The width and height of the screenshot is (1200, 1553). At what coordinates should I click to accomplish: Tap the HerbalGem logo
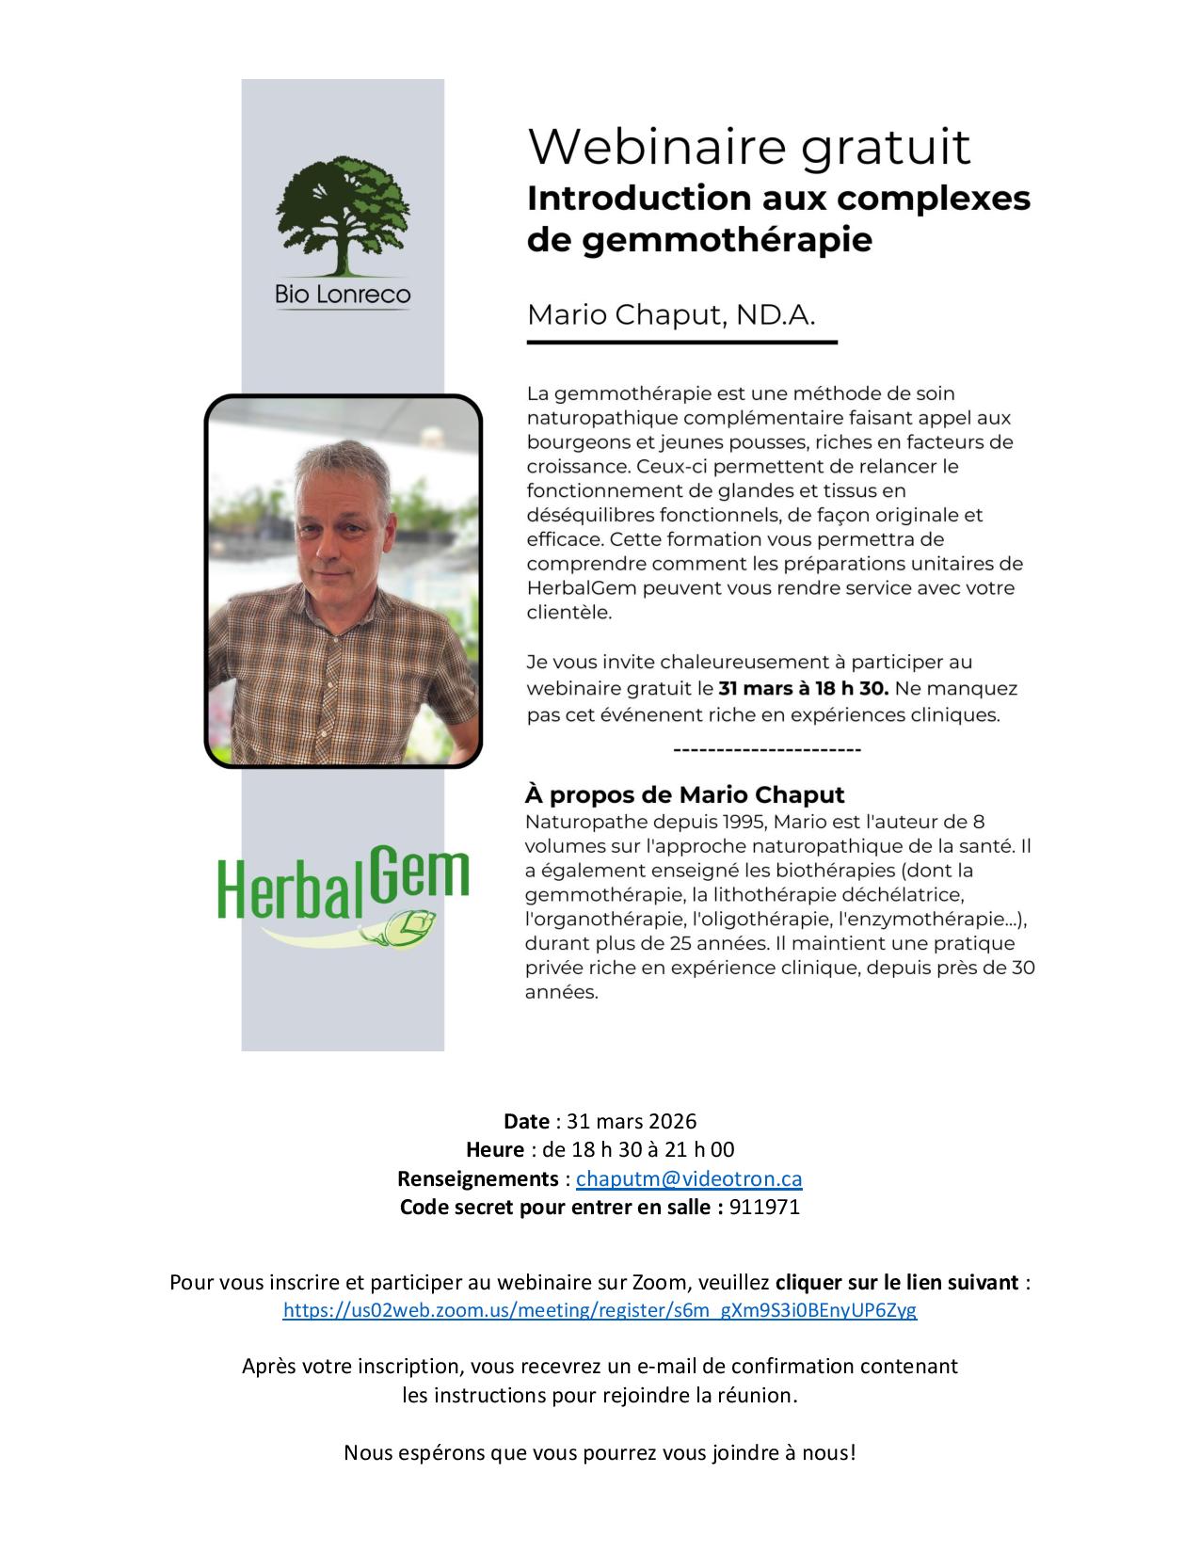pos(343,889)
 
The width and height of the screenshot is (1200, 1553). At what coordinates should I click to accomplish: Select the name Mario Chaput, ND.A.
pos(670,314)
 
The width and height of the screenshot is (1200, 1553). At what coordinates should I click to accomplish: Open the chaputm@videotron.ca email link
pos(689,1178)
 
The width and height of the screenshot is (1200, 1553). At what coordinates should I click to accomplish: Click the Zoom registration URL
pos(600,1310)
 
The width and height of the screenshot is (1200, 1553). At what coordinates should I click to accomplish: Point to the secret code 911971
pos(764,1207)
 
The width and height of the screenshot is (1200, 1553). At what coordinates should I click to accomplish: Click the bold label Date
pos(526,1121)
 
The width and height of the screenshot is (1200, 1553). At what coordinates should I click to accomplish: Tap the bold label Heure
pos(495,1149)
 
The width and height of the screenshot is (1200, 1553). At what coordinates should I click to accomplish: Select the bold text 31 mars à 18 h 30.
pos(803,688)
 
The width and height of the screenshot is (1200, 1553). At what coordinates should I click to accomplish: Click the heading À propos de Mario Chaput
pos(684,794)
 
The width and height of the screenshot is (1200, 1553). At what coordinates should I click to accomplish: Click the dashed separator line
pos(767,750)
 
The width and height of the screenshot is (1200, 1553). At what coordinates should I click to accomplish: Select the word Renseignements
pos(478,1178)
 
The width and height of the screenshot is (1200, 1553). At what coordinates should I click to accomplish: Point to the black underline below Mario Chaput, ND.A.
pos(681,343)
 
